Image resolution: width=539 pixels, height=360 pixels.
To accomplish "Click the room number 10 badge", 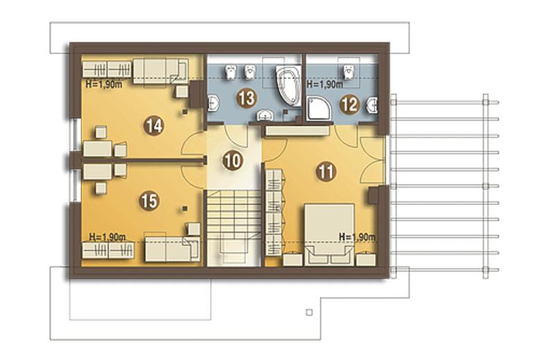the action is click(233, 161).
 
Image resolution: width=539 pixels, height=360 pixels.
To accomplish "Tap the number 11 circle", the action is click(326, 172).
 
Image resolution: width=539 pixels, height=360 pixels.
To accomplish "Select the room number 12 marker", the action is click(350, 105).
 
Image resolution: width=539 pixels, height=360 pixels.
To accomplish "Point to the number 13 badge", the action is click(247, 98).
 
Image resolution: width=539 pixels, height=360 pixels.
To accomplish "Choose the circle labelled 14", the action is click(153, 126).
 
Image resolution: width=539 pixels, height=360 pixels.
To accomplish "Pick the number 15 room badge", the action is click(149, 201).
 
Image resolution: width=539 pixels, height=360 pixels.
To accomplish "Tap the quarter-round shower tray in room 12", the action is click(319, 108).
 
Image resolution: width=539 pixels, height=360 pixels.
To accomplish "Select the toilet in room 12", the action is click(349, 71).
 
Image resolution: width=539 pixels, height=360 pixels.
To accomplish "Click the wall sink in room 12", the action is click(372, 105).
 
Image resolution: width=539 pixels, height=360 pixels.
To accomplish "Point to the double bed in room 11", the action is click(329, 235).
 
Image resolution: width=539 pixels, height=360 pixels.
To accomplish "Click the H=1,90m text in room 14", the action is click(104, 84).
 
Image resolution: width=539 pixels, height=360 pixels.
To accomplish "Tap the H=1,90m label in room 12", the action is click(325, 84).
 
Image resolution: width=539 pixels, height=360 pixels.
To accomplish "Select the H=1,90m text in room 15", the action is click(107, 237).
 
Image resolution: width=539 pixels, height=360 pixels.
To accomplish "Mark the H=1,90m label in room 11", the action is click(357, 237).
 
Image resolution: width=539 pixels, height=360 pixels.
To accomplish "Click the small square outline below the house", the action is click(310, 312).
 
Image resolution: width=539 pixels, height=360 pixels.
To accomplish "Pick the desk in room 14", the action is click(98, 149).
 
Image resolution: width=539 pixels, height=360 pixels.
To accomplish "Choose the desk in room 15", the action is click(98, 172).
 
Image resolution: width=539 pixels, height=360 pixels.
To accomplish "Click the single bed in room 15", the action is click(172, 249).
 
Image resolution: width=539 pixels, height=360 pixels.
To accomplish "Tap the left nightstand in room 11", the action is click(292, 260).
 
